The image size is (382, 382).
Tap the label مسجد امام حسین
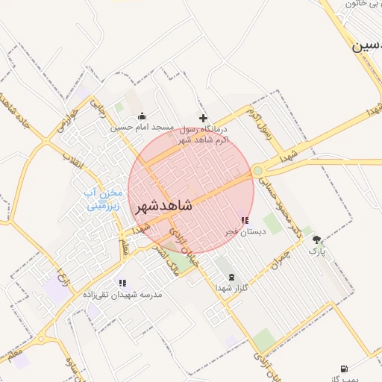click(x=143, y=128)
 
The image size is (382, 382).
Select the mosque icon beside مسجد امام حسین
click(x=143, y=116)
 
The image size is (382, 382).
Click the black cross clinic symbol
click(x=203, y=118)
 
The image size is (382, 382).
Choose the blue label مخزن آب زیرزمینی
click(x=104, y=198)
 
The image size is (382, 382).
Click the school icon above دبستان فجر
click(x=245, y=220)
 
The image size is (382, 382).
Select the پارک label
click(x=318, y=251)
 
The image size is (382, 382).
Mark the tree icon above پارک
click(x=317, y=239)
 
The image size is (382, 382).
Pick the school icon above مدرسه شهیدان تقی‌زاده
click(x=122, y=284)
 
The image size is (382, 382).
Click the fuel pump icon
click(x=343, y=369)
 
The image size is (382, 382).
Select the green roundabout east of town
click(x=258, y=171)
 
